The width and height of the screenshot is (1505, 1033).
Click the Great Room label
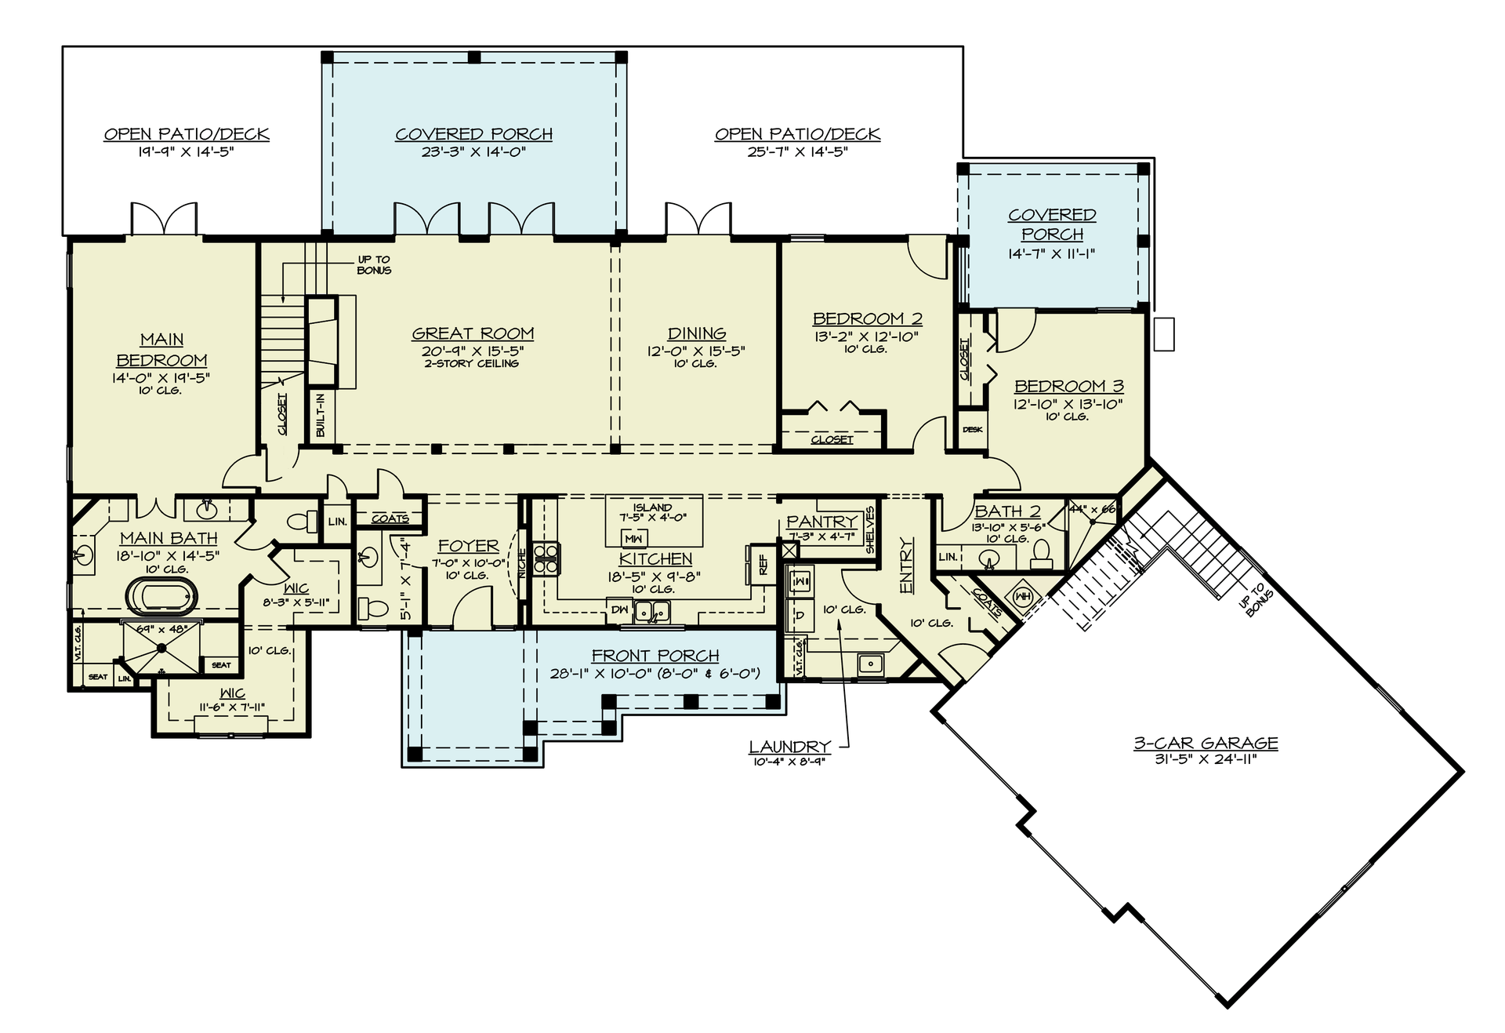click(473, 333)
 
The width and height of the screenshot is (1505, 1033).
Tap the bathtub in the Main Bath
click(163, 595)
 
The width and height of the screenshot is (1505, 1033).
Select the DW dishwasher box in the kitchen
click(619, 609)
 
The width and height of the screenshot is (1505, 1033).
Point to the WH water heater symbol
click(1022, 596)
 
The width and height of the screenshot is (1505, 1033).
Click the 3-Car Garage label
click(1206, 743)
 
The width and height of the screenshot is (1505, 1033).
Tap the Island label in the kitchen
click(652, 507)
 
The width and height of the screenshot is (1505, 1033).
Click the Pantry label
click(821, 522)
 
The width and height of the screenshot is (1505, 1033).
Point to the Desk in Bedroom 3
click(973, 430)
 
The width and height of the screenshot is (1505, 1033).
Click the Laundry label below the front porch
click(789, 747)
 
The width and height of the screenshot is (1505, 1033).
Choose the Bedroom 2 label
click(867, 318)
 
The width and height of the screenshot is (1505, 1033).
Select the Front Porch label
click(655, 655)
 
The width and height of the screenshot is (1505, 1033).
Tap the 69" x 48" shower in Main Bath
click(161, 648)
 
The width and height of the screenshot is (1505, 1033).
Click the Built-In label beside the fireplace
click(321, 416)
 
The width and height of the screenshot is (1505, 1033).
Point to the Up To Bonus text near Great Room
click(374, 264)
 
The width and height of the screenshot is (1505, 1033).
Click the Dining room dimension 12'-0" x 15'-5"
click(696, 351)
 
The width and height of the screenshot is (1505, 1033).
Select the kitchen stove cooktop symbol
click(546, 558)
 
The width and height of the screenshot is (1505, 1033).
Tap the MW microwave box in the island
click(634, 539)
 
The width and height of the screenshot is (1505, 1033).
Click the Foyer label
click(468, 545)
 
